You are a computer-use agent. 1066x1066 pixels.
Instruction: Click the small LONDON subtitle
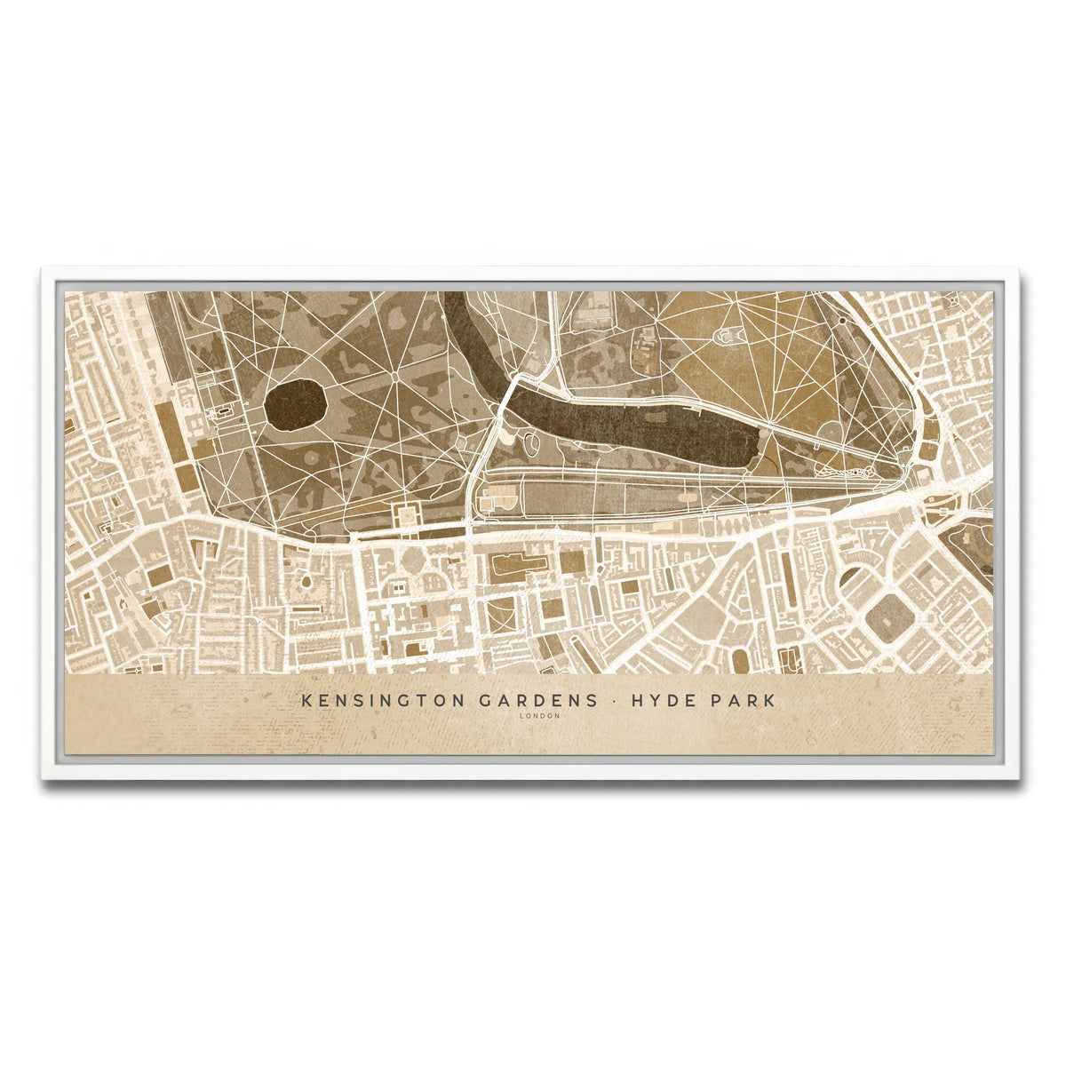pyautogui.click(x=540, y=716)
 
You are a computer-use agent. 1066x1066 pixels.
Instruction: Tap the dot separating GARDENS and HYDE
pyautogui.click(x=613, y=700)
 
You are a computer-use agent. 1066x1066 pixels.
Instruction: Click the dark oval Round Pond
pyautogui.click(x=295, y=406)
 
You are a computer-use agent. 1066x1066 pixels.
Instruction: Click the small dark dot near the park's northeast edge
pyautogui.click(x=840, y=319)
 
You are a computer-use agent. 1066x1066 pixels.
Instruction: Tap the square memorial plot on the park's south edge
pyautogui.click(x=409, y=514)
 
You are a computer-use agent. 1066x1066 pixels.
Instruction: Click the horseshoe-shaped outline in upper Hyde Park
pyautogui.click(x=729, y=335)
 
